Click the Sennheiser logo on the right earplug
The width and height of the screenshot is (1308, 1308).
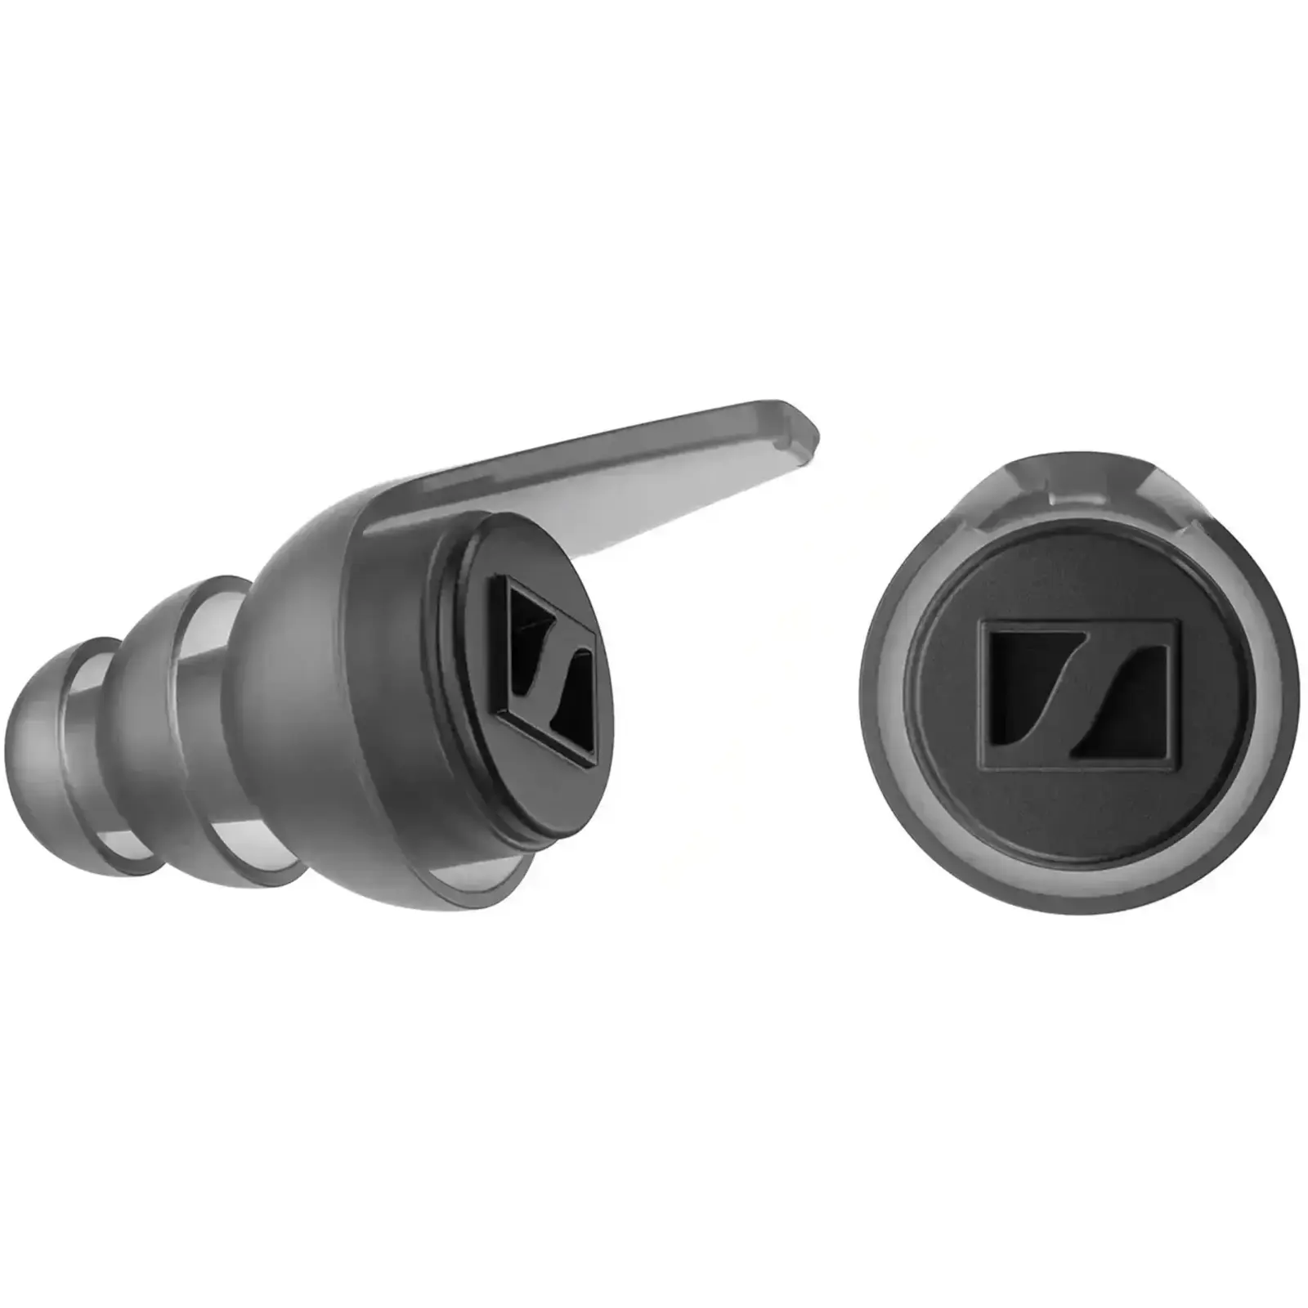click(1080, 694)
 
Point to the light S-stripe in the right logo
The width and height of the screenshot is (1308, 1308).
click(1080, 694)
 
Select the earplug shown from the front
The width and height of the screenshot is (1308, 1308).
click(1079, 687)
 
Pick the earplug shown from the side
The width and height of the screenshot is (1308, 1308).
click(327, 695)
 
